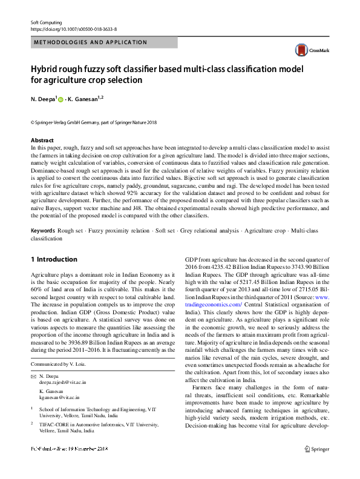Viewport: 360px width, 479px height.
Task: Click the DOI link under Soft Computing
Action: click(x=74, y=28)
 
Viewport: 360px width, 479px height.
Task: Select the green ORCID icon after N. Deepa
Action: click(x=61, y=99)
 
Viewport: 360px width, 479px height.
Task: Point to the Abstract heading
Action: click(x=42, y=140)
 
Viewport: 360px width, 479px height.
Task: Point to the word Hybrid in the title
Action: click(x=48, y=68)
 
